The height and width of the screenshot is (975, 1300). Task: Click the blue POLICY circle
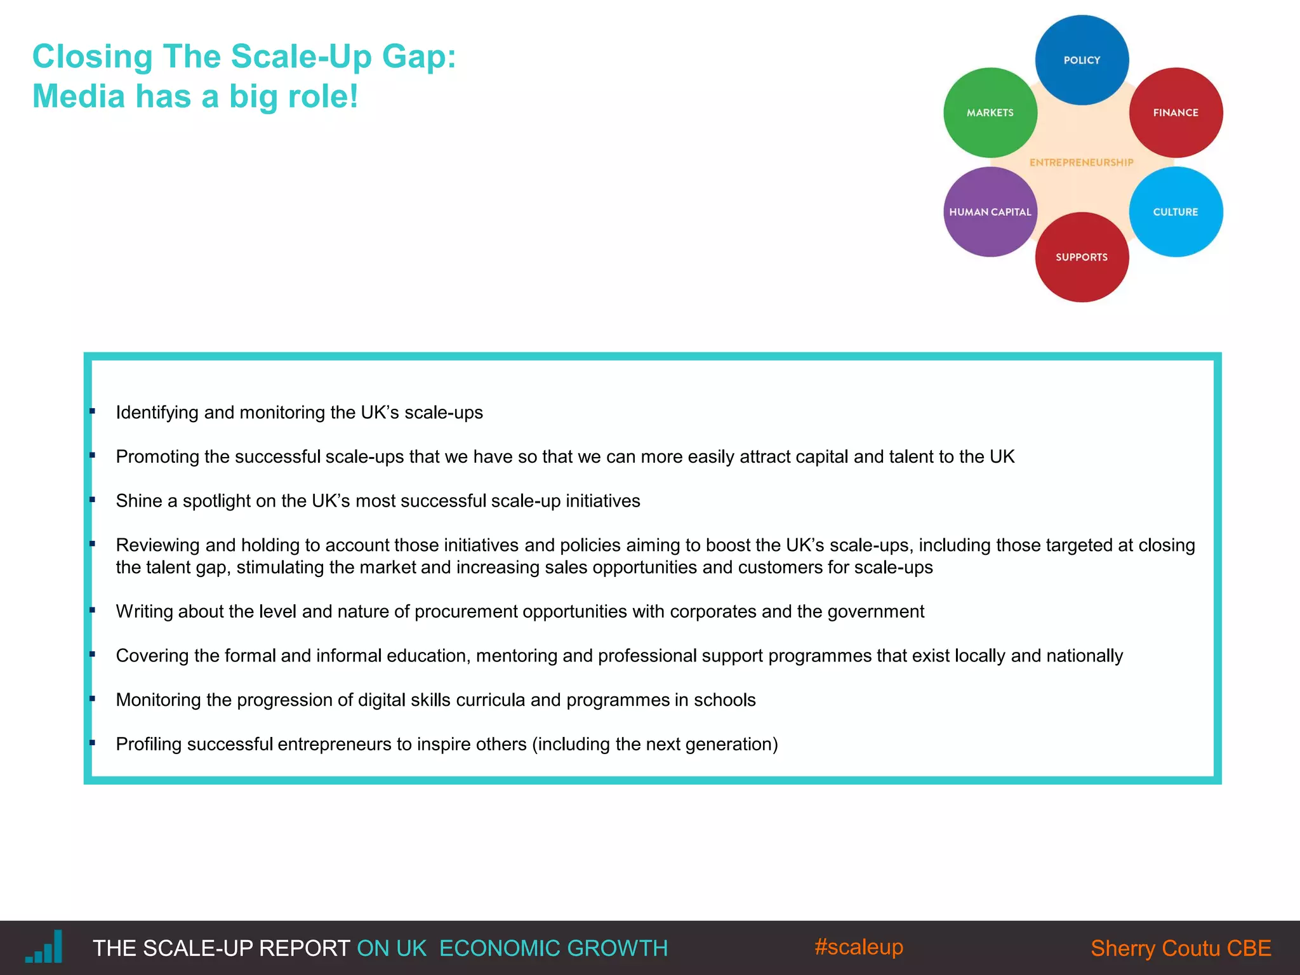point(1082,60)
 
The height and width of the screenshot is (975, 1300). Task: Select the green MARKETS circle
point(990,112)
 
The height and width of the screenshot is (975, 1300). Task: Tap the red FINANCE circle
point(1176,112)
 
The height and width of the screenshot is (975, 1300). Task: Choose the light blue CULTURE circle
point(1176,212)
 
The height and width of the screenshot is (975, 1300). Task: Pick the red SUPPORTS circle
point(1082,257)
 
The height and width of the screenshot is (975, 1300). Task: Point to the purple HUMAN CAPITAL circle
point(990,212)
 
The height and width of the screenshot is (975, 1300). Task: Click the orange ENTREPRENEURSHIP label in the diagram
point(1082,162)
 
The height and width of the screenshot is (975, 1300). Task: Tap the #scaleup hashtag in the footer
point(858,946)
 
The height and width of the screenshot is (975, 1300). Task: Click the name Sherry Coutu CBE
point(1181,948)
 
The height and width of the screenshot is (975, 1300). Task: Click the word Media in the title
point(78,96)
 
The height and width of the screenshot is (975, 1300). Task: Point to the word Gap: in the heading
point(419,56)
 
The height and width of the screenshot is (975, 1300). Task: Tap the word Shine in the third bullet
point(139,501)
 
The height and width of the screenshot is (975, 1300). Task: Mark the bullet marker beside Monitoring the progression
point(93,699)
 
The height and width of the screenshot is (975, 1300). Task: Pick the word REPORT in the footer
point(304,948)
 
